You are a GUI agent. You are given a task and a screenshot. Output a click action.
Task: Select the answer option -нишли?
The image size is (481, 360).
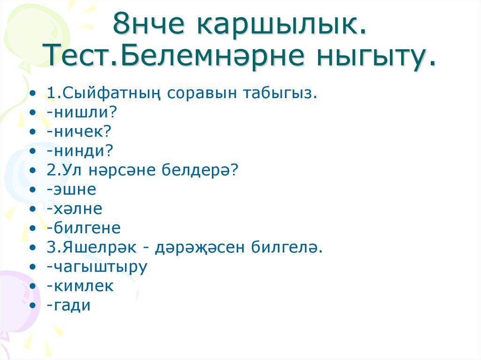point(81,113)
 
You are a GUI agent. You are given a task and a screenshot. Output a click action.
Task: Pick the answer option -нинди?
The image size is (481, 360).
point(80,151)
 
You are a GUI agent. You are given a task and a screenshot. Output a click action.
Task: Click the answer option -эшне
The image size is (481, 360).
point(71,190)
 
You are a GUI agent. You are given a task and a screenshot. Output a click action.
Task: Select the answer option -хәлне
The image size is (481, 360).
point(74,209)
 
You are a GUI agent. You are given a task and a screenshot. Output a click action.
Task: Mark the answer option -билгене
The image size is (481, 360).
point(84,229)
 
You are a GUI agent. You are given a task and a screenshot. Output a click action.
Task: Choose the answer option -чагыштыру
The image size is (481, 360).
point(97,267)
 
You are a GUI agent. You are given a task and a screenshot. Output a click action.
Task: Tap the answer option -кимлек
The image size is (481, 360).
point(80,286)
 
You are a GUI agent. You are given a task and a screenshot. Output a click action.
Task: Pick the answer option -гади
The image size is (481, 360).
point(69,306)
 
